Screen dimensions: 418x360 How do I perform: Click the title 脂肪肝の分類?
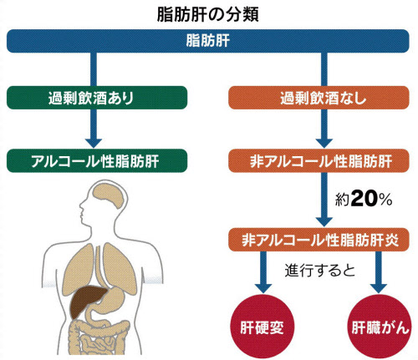(x=208, y=14)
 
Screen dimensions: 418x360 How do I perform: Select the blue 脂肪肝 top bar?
(x=208, y=41)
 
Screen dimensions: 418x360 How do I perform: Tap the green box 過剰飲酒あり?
(x=97, y=98)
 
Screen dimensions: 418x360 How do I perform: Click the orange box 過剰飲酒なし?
(x=319, y=98)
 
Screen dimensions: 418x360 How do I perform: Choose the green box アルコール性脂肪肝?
(x=97, y=160)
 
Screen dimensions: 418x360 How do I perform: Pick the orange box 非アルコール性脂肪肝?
(x=319, y=160)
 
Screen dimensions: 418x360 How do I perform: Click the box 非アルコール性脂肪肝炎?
(x=319, y=240)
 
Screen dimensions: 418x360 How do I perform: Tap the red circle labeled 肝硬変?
(x=263, y=327)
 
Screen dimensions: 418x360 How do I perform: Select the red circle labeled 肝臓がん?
(x=380, y=327)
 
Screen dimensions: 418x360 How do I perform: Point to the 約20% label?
(x=364, y=199)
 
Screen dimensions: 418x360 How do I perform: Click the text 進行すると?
(x=320, y=270)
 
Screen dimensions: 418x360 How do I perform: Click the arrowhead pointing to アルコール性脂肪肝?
(x=94, y=143)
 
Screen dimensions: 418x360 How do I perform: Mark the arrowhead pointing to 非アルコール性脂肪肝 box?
(x=324, y=143)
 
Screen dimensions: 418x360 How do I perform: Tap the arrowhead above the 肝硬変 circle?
(x=263, y=288)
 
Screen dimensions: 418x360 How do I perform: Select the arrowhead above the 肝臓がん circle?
(x=379, y=288)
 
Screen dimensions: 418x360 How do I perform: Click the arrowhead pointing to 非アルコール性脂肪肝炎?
(x=324, y=222)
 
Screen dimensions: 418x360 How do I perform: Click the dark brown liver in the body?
(x=87, y=302)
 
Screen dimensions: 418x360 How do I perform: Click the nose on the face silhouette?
(x=81, y=206)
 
